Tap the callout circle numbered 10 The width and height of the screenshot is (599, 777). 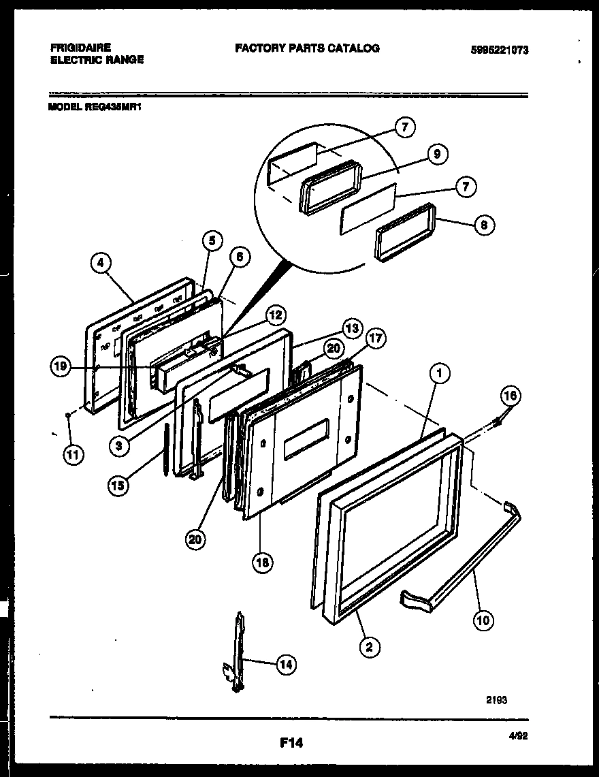(x=483, y=620)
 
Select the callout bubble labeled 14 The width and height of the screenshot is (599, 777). (x=286, y=665)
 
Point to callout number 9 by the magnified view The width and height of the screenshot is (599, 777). (x=437, y=155)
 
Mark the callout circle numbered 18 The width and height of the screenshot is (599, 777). (x=259, y=562)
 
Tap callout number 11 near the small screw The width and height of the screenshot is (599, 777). (x=71, y=456)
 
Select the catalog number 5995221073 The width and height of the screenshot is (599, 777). (x=499, y=50)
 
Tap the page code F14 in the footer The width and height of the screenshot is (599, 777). (x=291, y=744)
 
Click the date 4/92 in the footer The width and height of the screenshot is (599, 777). (x=518, y=735)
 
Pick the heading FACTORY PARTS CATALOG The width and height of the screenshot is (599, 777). (x=307, y=48)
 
